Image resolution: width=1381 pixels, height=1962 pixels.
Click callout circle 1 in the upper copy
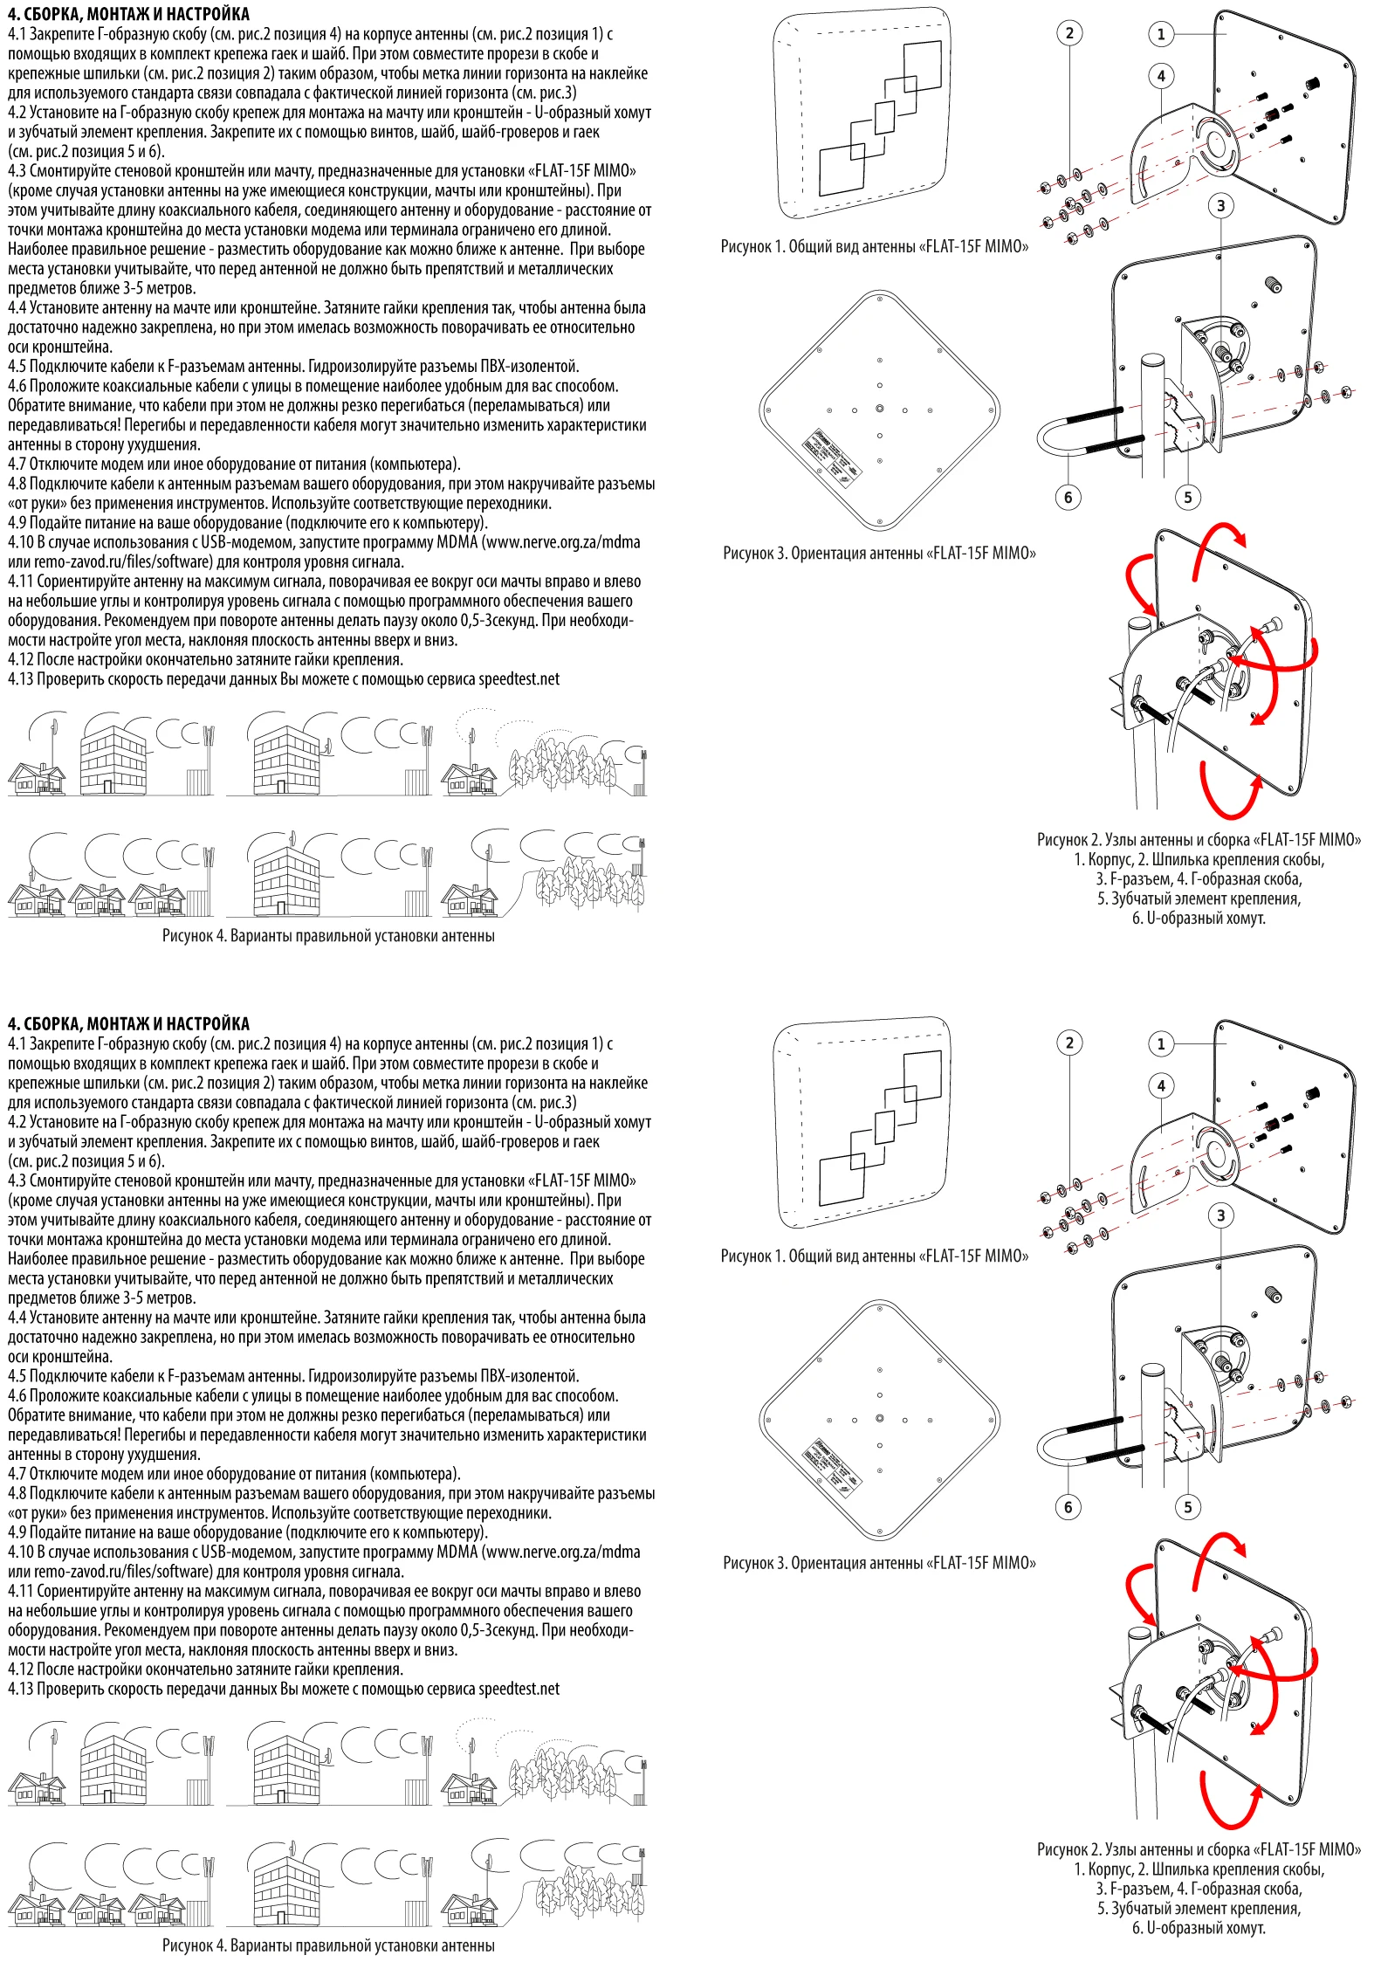pyautogui.click(x=1160, y=34)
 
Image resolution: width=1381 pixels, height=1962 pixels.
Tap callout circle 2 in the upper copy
pyautogui.click(x=1069, y=33)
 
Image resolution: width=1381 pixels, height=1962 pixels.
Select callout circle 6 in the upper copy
pyautogui.click(x=1068, y=498)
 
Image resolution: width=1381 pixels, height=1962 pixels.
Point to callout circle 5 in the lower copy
pyautogui.click(x=1187, y=1507)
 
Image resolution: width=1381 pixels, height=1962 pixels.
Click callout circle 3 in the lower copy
pyautogui.click(x=1220, y=1215)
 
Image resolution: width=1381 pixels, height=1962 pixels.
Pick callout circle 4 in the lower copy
pyautogui.click(x=1161, y=1085)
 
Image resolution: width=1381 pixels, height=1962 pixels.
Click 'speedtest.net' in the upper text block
pyautogui.click(x=519, y=679)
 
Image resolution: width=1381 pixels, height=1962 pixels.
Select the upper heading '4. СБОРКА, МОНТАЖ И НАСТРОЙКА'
pyautogui.click(x=128, y=14)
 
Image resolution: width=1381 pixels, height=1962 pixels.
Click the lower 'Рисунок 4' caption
pyautogui.click(x=328, y=1945)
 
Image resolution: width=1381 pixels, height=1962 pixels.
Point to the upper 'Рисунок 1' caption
pyautogui.click(x=874, y=247)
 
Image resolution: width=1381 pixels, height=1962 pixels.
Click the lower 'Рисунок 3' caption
pyautogui.click(x=879, y=1563)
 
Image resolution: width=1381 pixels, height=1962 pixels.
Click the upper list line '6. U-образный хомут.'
pyautogui.click(x=1199, y=919)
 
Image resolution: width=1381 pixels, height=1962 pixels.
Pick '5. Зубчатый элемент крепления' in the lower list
pyautogui.click(x=1199, y=1909)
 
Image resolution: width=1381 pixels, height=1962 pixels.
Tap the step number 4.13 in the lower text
pyautogui.click(x=21, y=1690)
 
